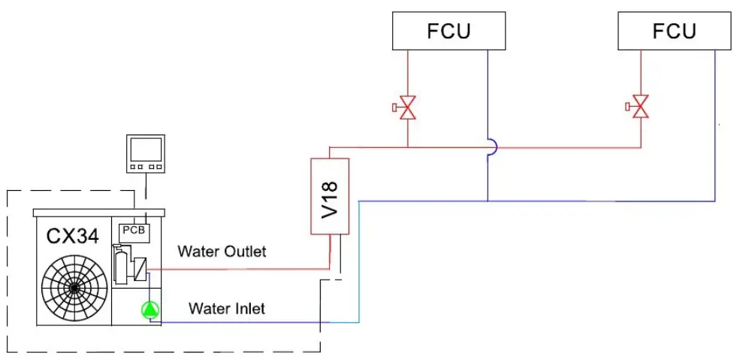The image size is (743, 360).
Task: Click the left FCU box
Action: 449,32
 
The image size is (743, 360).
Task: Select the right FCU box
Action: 674,32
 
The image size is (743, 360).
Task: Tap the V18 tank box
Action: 330,195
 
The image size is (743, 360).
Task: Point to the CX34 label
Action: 72,237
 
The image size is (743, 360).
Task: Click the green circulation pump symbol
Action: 150,309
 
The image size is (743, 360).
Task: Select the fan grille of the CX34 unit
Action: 74,287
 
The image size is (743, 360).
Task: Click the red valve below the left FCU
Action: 407,107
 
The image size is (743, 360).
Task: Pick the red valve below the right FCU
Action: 640,107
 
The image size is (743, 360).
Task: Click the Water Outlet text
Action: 222,251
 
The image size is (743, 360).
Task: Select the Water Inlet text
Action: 226,308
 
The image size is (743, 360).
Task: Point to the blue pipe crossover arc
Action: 492,147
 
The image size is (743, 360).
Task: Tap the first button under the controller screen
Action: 134,166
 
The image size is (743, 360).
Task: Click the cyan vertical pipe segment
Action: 359,263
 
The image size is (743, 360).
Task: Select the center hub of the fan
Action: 74,288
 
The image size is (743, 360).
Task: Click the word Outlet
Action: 245,251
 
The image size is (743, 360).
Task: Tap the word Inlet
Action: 249,308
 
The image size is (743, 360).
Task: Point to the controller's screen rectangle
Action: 145,148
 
